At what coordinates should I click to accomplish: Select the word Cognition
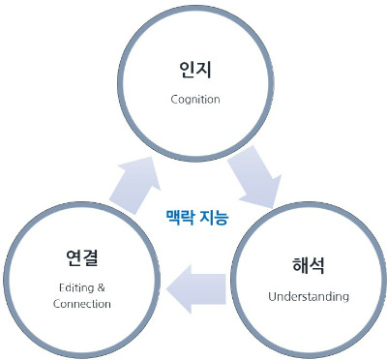pos(196,99)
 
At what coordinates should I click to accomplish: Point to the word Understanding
pos(309,295)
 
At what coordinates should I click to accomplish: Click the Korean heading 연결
pos(82,257)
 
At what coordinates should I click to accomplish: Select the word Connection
pos(82,304)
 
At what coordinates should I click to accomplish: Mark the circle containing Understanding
pos(308,281)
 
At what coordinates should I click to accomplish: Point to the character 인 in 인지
pos(186,72)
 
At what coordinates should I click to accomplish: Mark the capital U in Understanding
pos(273,295)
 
